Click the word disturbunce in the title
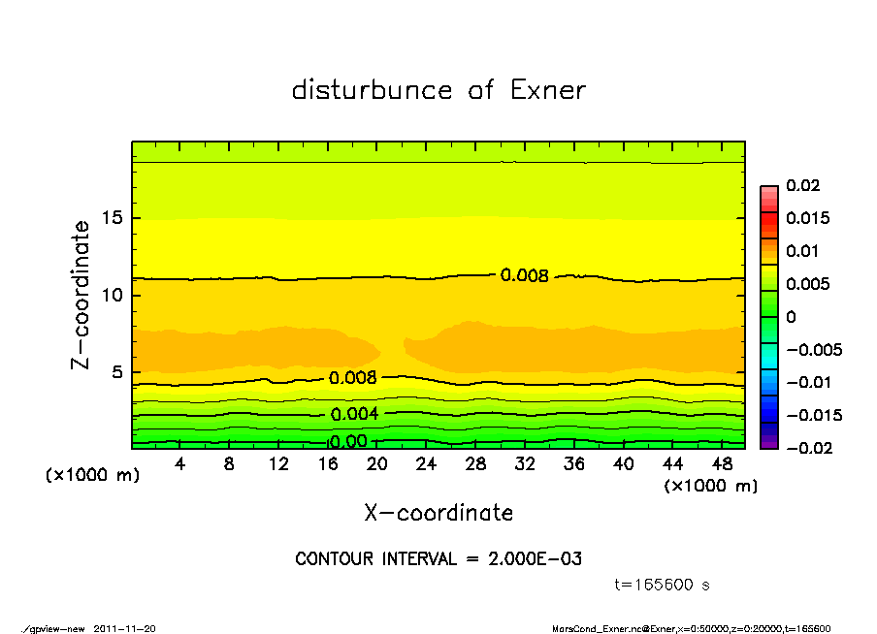(372, 90)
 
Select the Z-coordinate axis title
(81, 295)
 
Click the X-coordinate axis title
(438, 513)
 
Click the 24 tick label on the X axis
(426, 464)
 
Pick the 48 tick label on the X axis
(722, 464)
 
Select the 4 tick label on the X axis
(179, 464)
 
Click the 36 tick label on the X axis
(574, 464)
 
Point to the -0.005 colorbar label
(813, 349)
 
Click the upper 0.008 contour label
(525, 275)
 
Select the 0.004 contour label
(354, 414)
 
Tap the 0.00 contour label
(347, 442)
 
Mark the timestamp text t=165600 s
(663, 585)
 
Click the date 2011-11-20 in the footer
(125, 628)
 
